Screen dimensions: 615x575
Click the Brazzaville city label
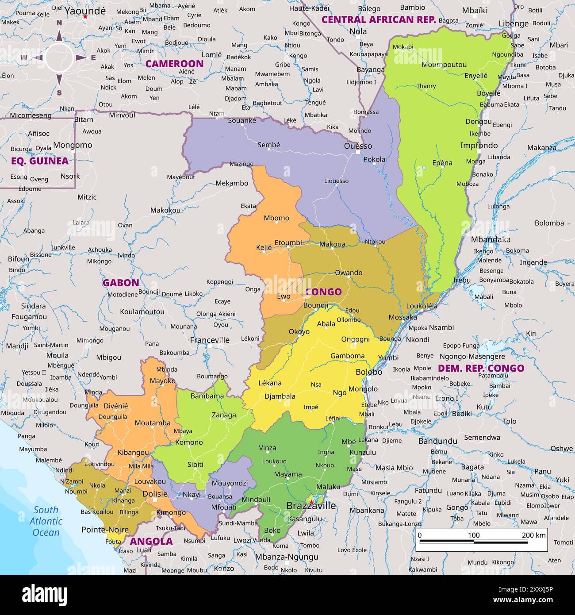tap(311, 506)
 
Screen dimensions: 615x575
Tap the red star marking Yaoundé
tap(85, 16)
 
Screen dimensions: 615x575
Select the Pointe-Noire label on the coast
tap(105, 530)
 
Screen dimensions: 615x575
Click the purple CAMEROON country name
tap(174, 64)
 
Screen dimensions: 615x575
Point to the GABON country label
tap(121, 283)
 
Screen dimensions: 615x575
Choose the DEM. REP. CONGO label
tap(481, 368)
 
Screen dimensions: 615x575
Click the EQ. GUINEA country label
tap(40, 161)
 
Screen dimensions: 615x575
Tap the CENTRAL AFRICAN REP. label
tap(379, 19)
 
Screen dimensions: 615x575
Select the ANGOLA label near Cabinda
tap(151, 541)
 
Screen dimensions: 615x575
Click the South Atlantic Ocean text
tap(46, 521)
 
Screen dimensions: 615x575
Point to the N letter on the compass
tap(59, 23)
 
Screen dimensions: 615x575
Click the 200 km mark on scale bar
tap(533, 535)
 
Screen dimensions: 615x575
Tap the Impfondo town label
tap(479, 146)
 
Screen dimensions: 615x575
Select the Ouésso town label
tap(358, 146)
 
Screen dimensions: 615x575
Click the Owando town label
tap(349, 273)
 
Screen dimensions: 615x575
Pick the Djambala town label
tap(280, 396)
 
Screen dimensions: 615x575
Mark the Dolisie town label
tap(155, 494)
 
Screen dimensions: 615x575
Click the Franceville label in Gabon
tap(210, 340)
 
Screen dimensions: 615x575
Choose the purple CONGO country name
tap(323, 292)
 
